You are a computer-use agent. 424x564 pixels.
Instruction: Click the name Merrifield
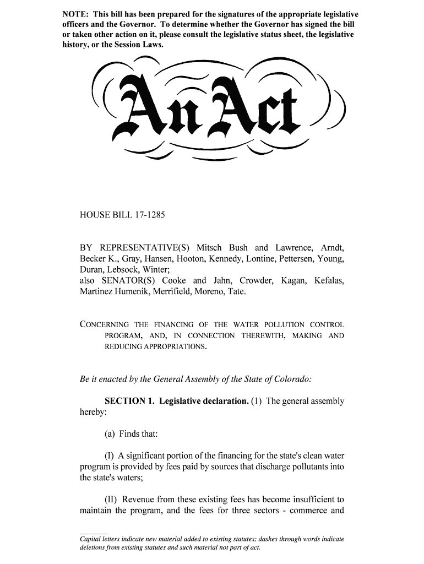pos(171,292)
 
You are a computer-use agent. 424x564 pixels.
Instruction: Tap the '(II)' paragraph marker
pos(111,500)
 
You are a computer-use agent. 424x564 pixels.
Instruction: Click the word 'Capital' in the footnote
pos(92,539)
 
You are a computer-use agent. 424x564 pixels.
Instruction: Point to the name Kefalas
pos(329,281)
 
